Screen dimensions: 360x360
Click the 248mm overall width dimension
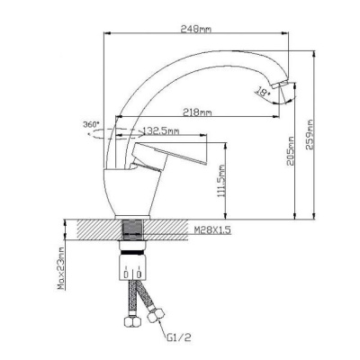pyautogui.click(x=196, y=29)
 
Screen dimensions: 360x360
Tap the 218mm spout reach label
pyautogui.click(x=197, y=112)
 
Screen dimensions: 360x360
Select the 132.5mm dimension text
pyautogui.click(x=161, y=131)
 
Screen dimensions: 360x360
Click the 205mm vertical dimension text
pyautogui.click(x=290, y=151)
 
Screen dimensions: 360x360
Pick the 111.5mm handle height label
pyautogui.click(x=221, y=181)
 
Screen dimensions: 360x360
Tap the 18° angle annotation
pyautogui.click(x=263, y=91)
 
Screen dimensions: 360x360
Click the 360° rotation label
pyautogui.click(x=91, y=124)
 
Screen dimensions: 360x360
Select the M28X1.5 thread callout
pyautogui.click(x=212, y=230)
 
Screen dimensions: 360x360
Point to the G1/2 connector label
pyautogui.click(x=179, y=338)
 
